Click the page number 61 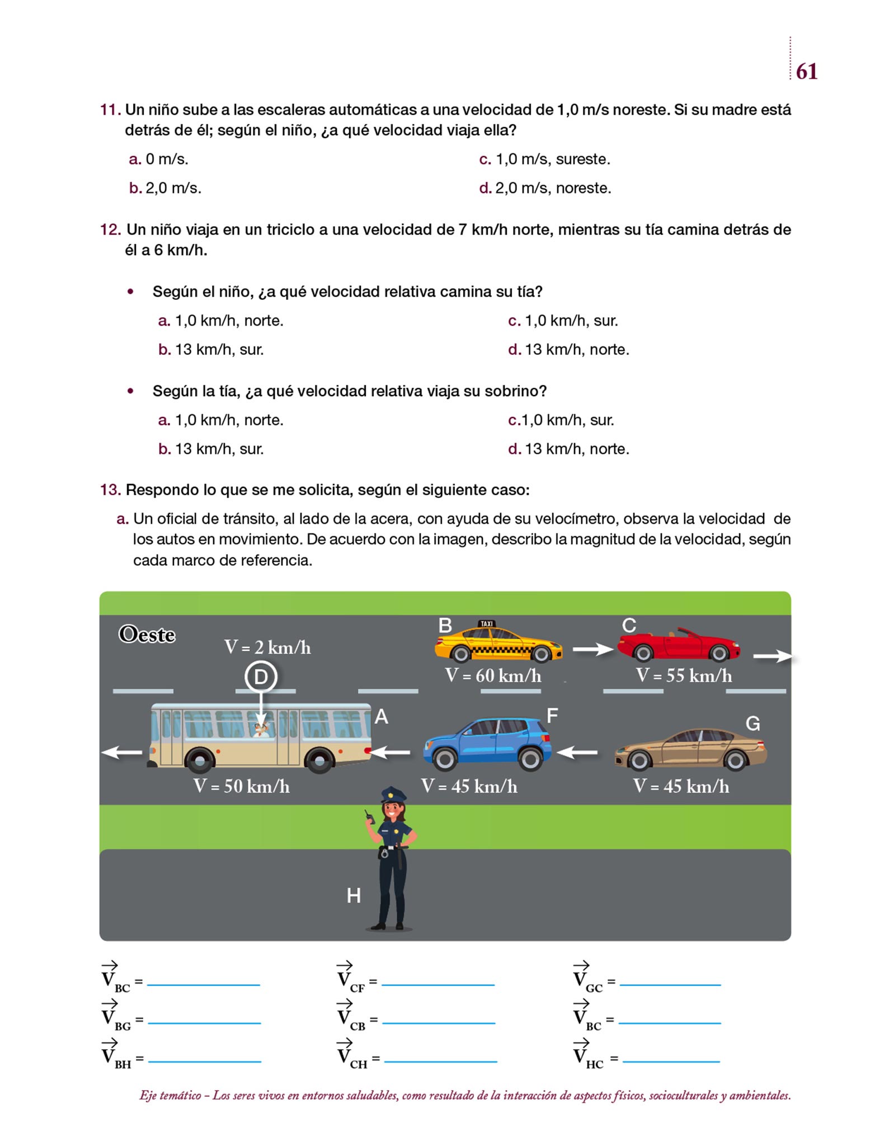[806, 72]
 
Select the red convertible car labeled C [679, 645]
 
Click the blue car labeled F [487, 743]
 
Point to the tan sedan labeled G [690, 749]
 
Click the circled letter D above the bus [261, 677]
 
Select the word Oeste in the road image [147, 635]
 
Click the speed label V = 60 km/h [493, 676]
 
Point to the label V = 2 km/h [267, 647]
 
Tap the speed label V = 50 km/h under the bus [242, 786]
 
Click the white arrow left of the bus [121, 752]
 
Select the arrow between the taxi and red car [593, 649]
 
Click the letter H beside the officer [354, 896]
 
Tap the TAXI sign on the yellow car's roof [487, 623]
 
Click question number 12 [110, 229]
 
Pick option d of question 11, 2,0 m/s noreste [545, 188]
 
